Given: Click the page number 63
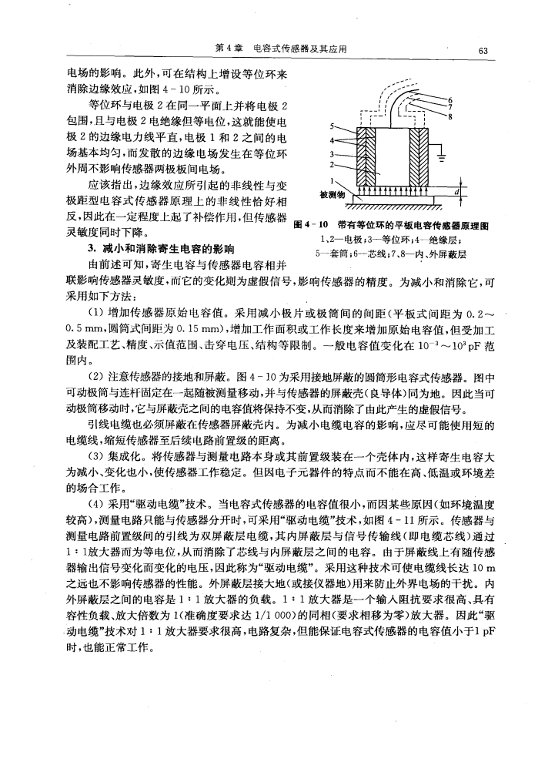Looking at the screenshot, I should coord(483,50).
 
